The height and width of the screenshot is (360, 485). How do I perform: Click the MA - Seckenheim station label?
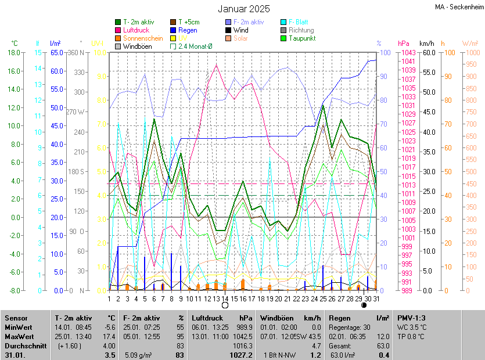tap(459, 7)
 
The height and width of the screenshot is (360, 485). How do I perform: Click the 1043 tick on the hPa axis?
tap(407, 53)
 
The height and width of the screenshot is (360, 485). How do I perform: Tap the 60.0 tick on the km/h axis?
tap(428, 53)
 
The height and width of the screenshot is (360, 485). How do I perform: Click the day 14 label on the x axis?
tap(225, 298)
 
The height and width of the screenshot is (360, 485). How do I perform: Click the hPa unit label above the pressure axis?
tap(403, 44)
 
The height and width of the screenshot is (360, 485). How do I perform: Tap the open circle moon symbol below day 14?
tap(225, 305)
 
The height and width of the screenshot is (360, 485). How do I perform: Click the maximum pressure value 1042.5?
tap(241, 336)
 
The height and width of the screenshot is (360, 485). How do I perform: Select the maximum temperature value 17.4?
tap(109, 336)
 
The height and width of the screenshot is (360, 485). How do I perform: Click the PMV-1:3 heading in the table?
tap(411, 318)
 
